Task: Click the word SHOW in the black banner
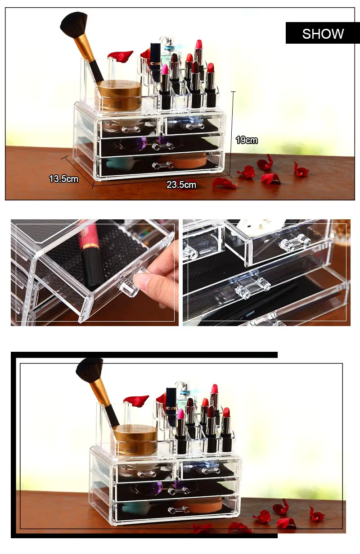pyautogui.click(x=323, y=33)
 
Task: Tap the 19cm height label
pyautogui.click(x=247, y=140)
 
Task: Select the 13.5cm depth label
pyautogui.click(x=63, y=179)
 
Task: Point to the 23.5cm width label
pyautogui.click(x=181, y=184)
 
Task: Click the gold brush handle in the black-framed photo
pyautogui.click(x=99, y=392)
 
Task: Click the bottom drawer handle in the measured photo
pyautogui.click(x=163, y=165)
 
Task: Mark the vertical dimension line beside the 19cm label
pyautogui.click(x=233, y=131)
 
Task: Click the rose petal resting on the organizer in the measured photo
pyautogui.click(x=121, y=55)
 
